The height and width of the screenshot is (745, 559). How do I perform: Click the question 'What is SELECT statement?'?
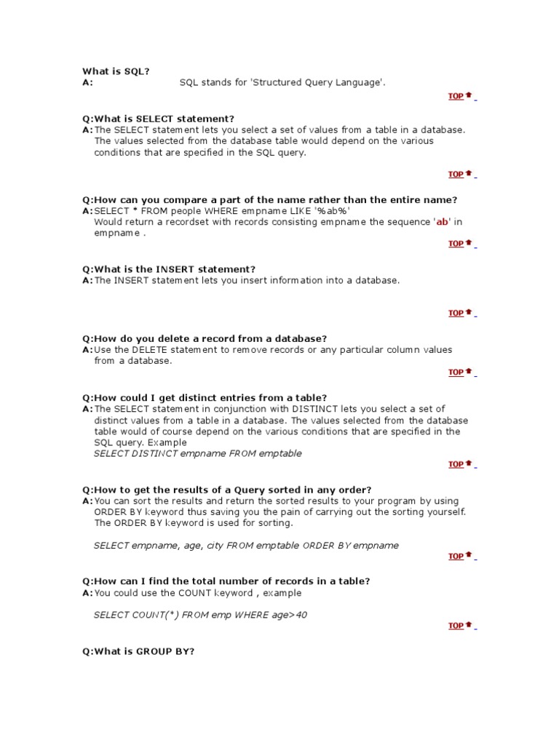[164, 119]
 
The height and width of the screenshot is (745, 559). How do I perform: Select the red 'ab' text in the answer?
[441, 222]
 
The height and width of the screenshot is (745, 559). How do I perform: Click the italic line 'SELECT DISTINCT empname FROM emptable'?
[197, 453]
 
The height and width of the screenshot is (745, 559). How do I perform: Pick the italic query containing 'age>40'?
[200, 615]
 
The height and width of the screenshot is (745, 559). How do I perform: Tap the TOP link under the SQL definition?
[457, 96]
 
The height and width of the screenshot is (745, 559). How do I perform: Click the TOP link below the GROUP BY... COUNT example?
[457, 626]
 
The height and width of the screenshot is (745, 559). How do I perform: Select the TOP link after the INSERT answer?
[457, 314]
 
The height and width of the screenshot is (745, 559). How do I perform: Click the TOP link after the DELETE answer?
[457, 372]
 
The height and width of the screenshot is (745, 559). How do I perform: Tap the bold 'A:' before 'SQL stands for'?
[87, 83]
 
